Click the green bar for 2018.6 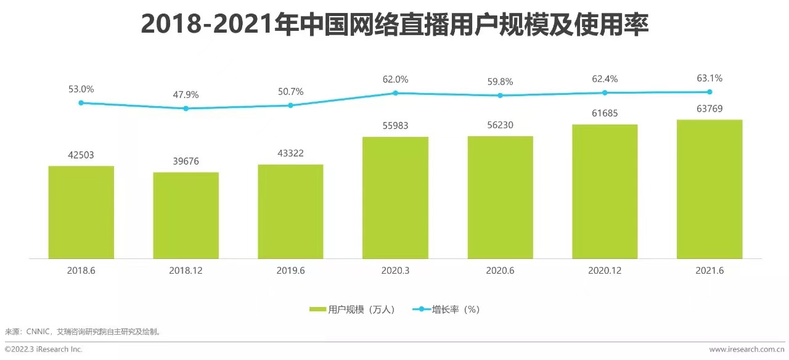81,212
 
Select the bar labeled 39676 186,215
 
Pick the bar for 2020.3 395,197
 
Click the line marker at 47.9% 186,108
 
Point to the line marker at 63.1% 709,92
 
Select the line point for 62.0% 395,93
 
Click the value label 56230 500,125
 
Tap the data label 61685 605,113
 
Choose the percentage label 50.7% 290,92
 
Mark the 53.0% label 81,89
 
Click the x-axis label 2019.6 290,270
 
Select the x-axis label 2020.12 605,270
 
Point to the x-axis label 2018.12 186,270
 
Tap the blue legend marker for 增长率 422,309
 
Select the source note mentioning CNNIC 83,331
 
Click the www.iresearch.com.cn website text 746,350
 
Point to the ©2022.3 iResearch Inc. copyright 43,350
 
